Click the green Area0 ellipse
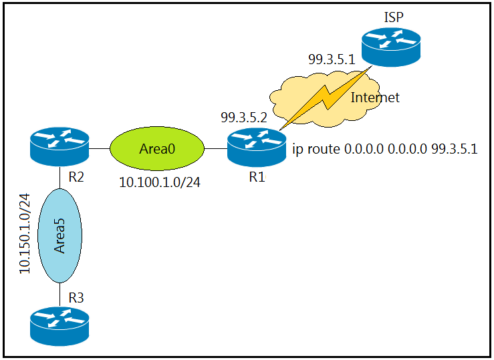point(157,148)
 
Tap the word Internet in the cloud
point(375,98)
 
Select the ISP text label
point(394,17)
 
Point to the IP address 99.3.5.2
point(244,118)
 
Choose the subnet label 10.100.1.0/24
point(160,182)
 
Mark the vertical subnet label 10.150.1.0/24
point(25,233)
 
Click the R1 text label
point(257,178)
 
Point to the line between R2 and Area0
point(100,148)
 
